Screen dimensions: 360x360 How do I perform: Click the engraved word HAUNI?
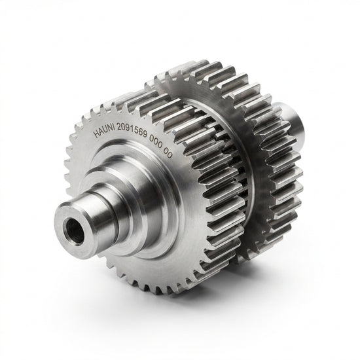click(104, 132)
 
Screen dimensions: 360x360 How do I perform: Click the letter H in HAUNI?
click(97, 134)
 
